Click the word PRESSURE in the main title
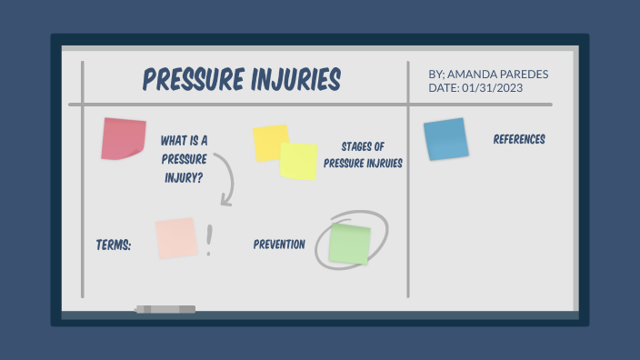click(190, 79)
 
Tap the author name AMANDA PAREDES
click(498, 74)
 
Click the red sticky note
click(124, 138)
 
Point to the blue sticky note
click(445, 139)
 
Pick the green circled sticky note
click(350, 244)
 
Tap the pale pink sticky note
click(175, 238)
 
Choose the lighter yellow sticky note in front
click(299, 161)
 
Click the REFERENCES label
click(519, 140)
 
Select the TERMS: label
click(114, 245)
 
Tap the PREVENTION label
click(279, 245)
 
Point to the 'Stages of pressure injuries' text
click(363, 155)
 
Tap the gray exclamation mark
click(209, 240)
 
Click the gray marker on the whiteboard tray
click(165, 310)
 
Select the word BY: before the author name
click(436, 74)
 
